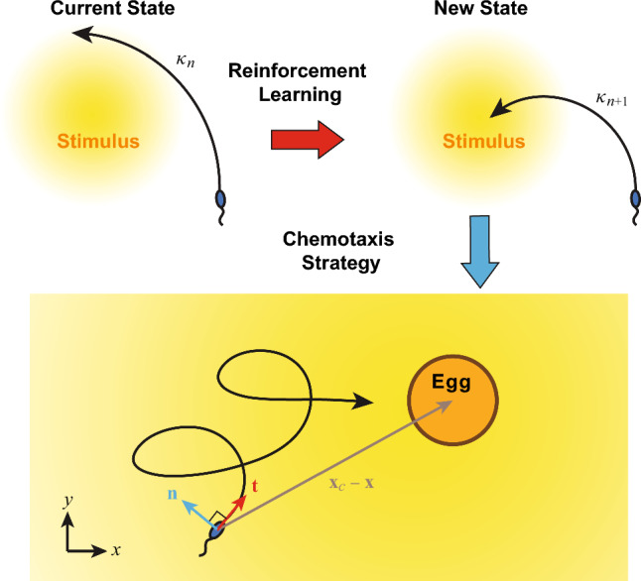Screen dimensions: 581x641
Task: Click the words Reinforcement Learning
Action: point(297,86)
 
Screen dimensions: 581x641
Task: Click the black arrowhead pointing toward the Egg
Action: point(364,401)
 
